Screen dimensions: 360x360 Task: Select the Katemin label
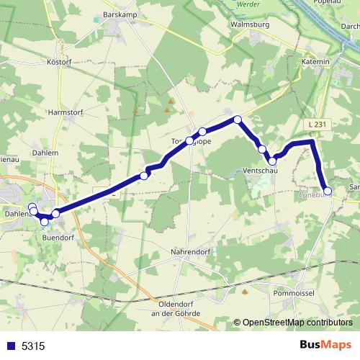point(314,62)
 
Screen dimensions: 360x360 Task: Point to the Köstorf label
point(59,63)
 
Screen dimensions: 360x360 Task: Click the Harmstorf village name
point(66,112)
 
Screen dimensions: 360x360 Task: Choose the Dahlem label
point(45,153)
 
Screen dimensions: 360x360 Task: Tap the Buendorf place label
point(58,236)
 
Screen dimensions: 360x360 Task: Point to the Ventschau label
point(260,171)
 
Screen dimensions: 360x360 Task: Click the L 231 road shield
point(314,125)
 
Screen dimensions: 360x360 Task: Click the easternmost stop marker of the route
point(328,191)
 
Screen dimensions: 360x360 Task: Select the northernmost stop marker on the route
point(237,120)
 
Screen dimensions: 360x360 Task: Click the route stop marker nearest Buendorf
point(45,220)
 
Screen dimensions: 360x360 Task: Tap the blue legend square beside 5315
point(11,346)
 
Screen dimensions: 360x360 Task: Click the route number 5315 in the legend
point(33,346)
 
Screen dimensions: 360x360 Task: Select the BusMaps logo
point(325,345)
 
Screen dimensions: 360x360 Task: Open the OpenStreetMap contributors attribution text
point(297,323)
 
